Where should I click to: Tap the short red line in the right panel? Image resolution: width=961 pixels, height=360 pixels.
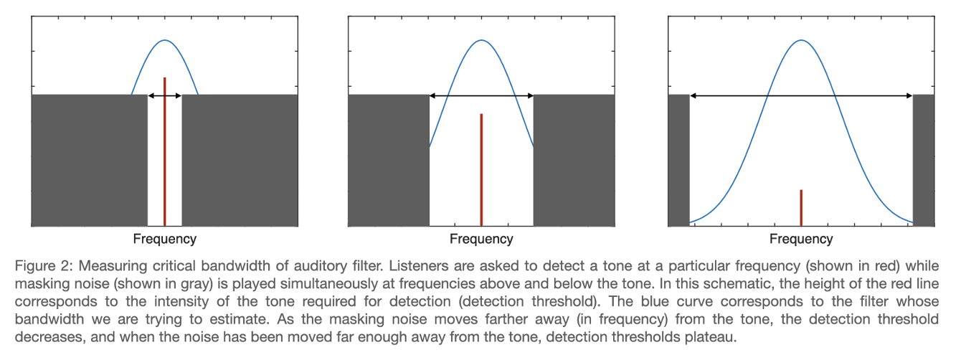pos(800,207)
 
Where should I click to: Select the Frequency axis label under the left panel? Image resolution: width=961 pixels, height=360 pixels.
pos(164,239)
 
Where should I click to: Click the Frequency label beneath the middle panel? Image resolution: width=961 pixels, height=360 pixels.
pos(481,239)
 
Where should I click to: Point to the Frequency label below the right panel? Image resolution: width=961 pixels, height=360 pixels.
pos(801,239)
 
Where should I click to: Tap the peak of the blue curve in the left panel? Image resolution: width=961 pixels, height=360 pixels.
pos(164,41)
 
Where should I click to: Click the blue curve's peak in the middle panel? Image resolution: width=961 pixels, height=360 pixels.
pos(481,40)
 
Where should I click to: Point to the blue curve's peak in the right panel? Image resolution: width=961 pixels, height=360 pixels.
pos(801,40)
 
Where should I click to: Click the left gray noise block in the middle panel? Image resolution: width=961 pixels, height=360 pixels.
pos(388,160)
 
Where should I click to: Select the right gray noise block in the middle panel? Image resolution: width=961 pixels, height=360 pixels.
pos(574,160)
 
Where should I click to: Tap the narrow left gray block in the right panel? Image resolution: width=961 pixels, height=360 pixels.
pos(678,160)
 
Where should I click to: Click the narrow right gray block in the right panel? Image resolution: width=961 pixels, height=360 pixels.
pos(924,160)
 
